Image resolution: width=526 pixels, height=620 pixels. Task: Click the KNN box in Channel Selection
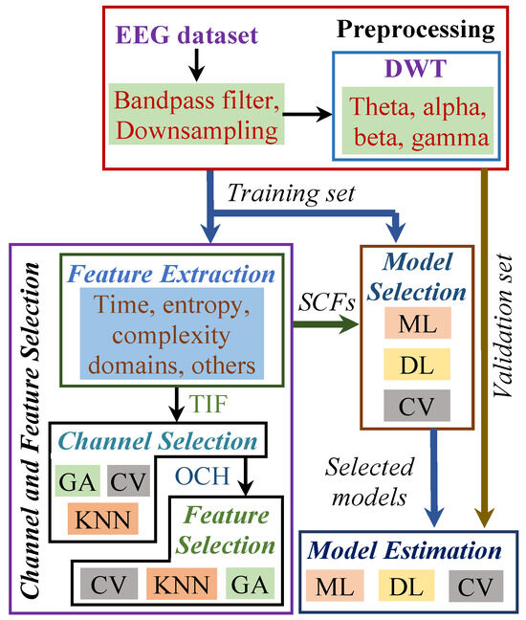pos(103,518)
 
